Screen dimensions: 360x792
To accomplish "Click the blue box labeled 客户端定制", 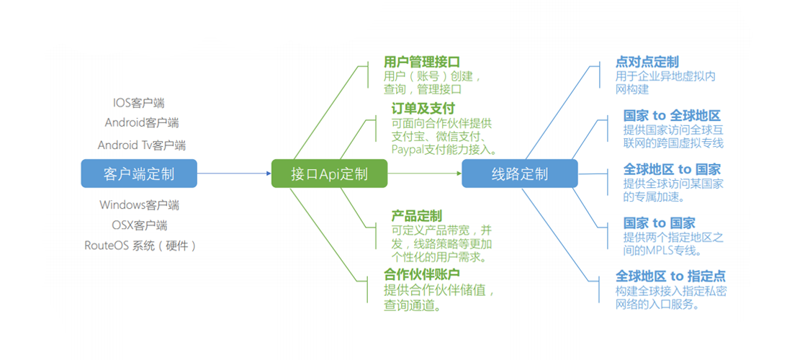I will pos(139,174).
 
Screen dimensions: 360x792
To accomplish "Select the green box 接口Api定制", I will pos(329,174).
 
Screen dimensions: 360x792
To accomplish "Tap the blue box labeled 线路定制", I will pos(519,174).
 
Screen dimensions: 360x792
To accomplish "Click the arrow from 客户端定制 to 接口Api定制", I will pos(233,174).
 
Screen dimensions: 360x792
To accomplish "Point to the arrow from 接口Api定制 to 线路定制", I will pos(424,174).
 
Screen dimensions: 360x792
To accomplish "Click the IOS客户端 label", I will pos(139,104).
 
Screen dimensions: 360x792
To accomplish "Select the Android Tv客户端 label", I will pos(142,145).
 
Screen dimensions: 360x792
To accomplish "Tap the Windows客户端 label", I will pos(140,205).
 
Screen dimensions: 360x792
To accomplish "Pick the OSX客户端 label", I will pos(140,225).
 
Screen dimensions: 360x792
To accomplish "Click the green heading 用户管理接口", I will pos(422,62).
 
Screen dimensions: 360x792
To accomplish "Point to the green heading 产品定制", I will pos(417,216).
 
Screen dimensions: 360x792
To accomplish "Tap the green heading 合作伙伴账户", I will pos(422,275).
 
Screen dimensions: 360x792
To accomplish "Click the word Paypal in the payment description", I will pos(408,150).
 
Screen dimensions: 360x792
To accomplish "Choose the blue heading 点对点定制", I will pos(647,62).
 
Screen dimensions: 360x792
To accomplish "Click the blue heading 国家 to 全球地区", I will pos(672,116).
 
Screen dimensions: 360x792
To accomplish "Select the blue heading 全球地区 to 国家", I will pos(672,169).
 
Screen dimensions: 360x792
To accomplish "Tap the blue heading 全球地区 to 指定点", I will pos(670,276).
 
